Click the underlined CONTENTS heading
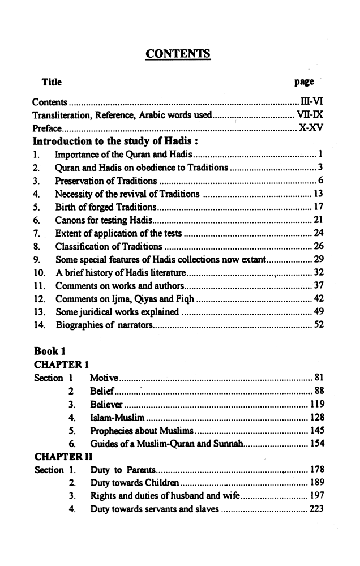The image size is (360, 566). click(x=178, y=54)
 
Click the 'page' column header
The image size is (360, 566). click(x=304, y=82)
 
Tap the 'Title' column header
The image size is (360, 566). click(x=52, y=82)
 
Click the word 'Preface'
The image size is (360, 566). click(x=46, y=128)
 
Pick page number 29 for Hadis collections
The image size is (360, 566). click(x=318, y=259)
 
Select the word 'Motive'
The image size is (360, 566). click(x=104, y=378)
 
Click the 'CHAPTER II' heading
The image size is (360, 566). click(x=63, y=457)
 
